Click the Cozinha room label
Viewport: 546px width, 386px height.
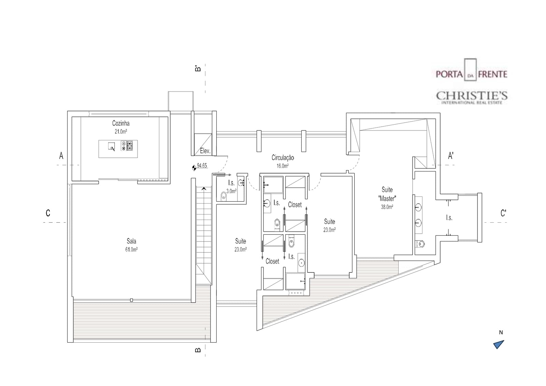(x=121, y=123)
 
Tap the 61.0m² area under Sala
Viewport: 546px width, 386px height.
(x=131, y=250)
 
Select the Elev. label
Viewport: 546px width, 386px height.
(x=205, y=151)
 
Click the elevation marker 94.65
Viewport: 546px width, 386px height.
(x=202, y=166)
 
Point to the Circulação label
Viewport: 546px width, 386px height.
(x=283, y=158)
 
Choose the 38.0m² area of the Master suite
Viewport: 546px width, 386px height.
(x=387, y=207)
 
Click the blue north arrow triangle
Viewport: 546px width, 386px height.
(x=499, y=345)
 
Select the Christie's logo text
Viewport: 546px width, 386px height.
(x=472, y=97)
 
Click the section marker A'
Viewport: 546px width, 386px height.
(x=451, y=156)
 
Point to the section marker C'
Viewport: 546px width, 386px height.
(x=503, y=213)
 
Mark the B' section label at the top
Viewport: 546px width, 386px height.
(x=198, y=68)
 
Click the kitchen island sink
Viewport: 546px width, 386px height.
(x=112, y=147)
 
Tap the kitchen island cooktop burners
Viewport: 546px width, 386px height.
(x=127, y=146)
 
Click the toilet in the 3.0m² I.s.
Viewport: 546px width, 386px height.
(x=224, y=196)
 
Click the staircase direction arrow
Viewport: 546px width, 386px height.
(x=204, y=189)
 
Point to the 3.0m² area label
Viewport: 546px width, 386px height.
(x=231, y=191)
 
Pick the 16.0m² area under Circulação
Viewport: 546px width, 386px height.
(x=283, y=166)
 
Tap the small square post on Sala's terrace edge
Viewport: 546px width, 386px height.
(x=132, y=300)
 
